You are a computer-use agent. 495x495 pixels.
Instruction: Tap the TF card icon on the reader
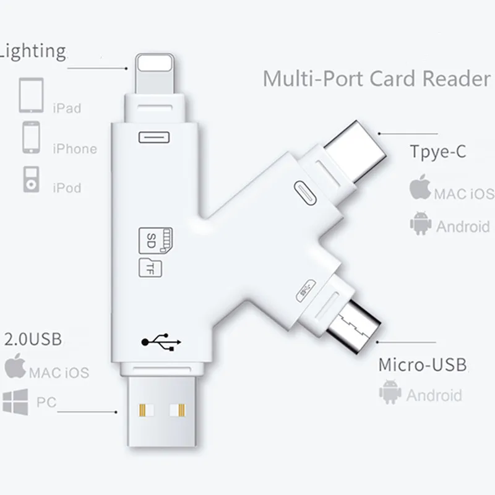coord(150,268)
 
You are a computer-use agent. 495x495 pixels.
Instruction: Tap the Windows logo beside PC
coord(14,402)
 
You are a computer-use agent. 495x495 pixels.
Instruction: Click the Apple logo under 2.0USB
coord(15,367)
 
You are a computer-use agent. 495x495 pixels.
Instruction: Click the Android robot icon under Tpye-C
coord(421,223)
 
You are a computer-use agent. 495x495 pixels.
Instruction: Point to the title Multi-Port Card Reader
coord(376,79)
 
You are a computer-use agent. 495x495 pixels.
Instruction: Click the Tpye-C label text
coord(437,152)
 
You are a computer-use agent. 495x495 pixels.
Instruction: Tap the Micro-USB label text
coord(423,364)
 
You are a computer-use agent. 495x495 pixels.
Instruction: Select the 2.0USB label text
coord(33,340)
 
